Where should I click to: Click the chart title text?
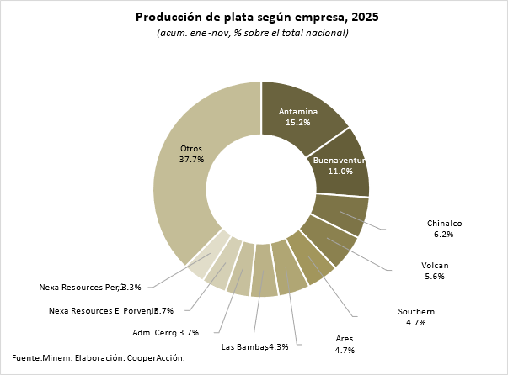[x=253, y=17]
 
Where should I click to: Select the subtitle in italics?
[x=253, y=33]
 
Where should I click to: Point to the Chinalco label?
[x=444, y=223]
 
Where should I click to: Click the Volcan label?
[x=435, y=265]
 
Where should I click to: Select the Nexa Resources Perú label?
[x=81, y=287]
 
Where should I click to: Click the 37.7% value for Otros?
[x=192, y=160]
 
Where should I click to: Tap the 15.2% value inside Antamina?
[x=298, y=122]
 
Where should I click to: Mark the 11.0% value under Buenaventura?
[x=340, y=171]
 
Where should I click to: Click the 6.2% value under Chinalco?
[x=443, y=235]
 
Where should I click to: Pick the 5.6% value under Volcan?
[x=435, y=277]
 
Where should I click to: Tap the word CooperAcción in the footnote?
[x=156, y=357]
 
